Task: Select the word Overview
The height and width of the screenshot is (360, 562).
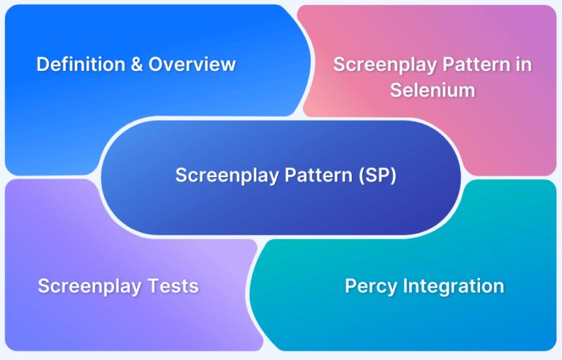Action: point(192,64)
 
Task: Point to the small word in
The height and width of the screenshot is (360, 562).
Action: point(523,64)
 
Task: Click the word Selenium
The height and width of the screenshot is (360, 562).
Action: point(432,90)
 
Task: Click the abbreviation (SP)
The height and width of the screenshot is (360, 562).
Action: point(375,176)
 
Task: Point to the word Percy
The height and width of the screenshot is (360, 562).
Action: point(369,285)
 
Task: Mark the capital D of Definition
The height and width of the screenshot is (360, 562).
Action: point(42,64)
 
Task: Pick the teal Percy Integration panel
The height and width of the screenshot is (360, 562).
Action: point(439,322)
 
